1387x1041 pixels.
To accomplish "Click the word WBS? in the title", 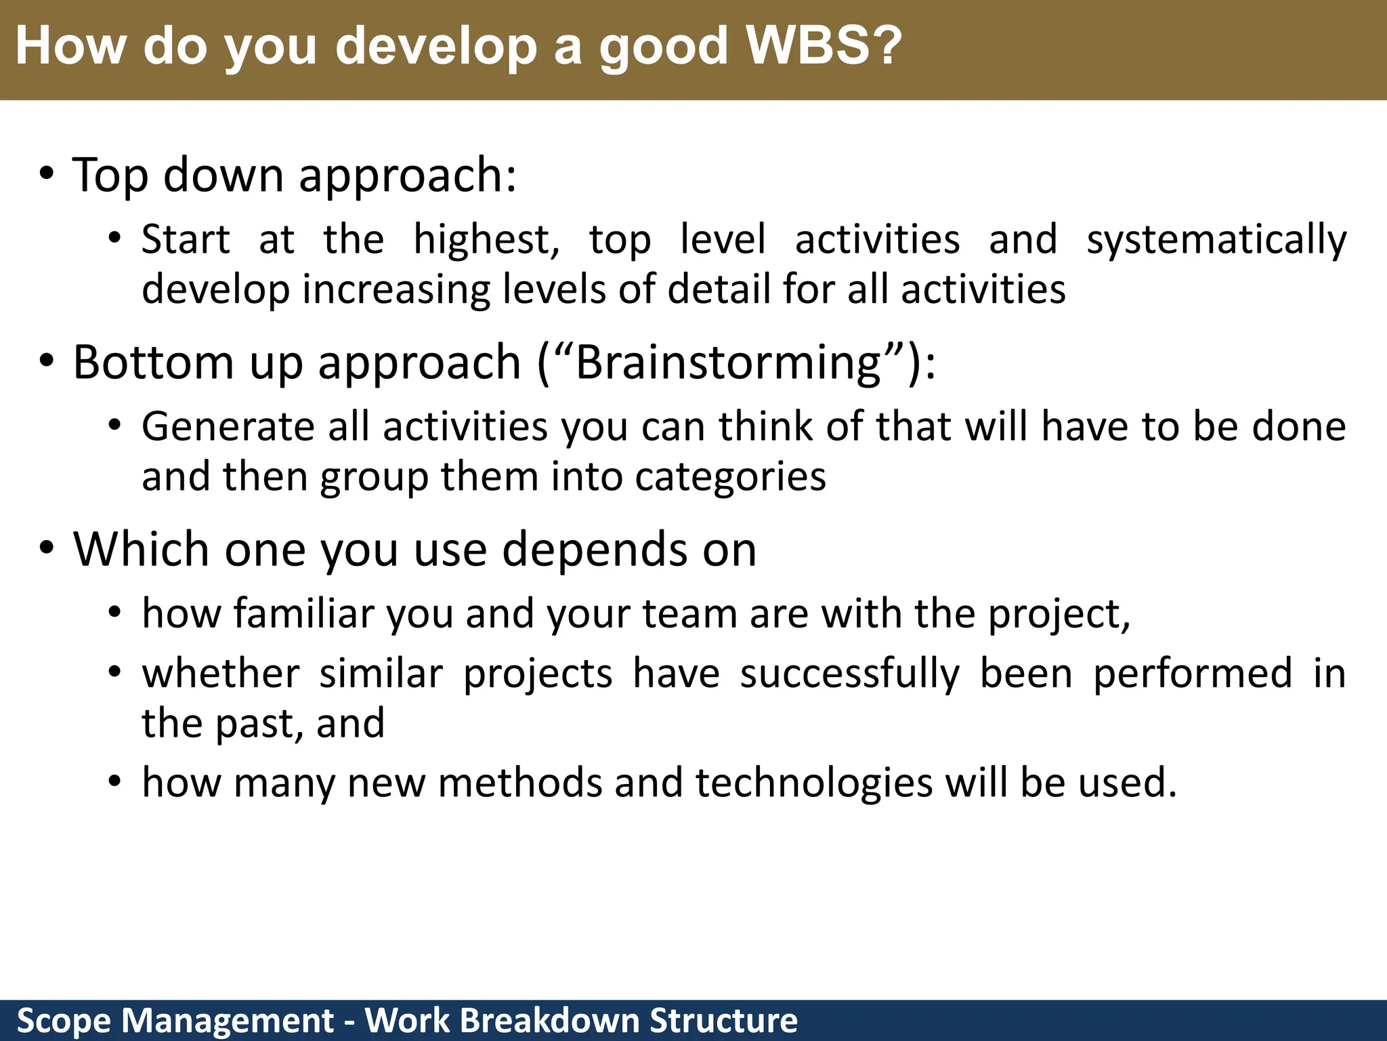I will click(824, 45).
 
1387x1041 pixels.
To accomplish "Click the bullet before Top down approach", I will click(46, 175).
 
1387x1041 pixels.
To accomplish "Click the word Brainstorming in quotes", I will click(729, 363).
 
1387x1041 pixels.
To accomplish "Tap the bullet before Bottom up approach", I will click(46, 362).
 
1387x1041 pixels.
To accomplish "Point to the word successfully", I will click(849, 675).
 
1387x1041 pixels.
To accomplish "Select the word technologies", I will click(814, 783).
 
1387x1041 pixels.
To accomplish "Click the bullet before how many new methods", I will click(115, 781).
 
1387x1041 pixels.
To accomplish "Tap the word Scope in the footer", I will click(64, 1021).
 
